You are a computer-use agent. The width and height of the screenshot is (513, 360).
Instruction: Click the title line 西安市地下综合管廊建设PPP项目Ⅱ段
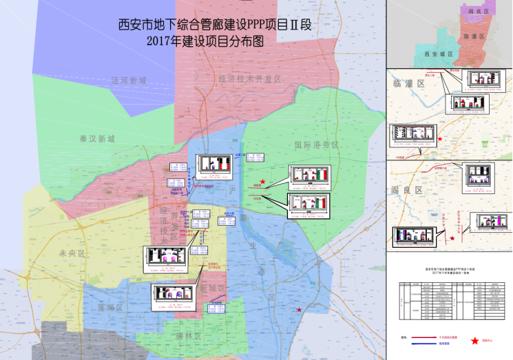pyautogui.click(x=216, y=25)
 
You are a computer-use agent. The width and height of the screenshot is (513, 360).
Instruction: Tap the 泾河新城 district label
pyautogui.click(x=129, y=81)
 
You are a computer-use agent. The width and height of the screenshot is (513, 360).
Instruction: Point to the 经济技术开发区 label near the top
pyautogui.click(x=251, y=79)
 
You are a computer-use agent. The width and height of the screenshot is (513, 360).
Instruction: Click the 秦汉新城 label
pyautogui.click(x=97, y=139)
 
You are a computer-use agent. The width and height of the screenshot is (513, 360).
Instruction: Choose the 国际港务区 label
pyautogui.click(x=316, y=145)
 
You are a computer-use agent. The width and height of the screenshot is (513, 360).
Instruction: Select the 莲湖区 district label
pyautogui.click(x=109, y=308)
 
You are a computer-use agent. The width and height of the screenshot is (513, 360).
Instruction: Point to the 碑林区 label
pyautogui.click(x=188, y=337)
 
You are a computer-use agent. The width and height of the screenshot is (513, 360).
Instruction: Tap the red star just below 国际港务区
pyautogui.click(x=262, y=180)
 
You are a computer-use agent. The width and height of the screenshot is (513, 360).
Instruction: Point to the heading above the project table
pyautogui.click(x=450, y=273)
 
